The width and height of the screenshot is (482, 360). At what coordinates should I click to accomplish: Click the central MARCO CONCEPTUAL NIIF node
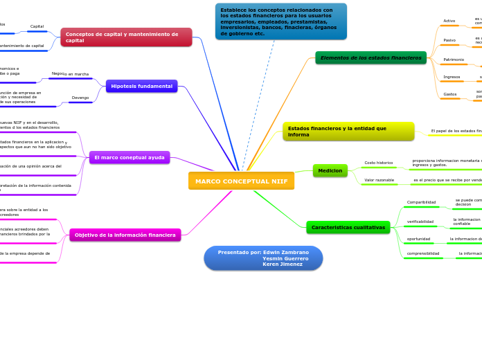pyautogui.click(x=241, y=181)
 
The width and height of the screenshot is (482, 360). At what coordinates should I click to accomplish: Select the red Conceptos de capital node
pyautogui.click(x=126, y=37)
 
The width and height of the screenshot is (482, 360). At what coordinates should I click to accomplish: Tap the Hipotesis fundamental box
pyautogui.click(x=142, y=86)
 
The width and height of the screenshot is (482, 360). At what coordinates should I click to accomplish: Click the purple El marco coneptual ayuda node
pyautogui.click(x=130, y=157)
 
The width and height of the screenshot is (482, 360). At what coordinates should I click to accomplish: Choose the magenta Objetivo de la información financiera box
pyautogui.click(x=125, y=235)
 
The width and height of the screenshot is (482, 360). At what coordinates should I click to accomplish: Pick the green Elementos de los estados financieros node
pyautogui.click(x=372, y=57)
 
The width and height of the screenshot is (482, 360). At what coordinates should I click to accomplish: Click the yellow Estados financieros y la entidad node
pyautogui.click(x=348, y=131)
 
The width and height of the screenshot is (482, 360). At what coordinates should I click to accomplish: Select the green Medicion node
pyautogui.click(x=330, y=170)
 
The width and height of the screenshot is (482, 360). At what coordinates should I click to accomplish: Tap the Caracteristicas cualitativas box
pyautogui.click(x=348, y=227)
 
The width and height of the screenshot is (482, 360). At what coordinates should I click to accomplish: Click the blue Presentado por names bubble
pyautogui.click(x=263, y=258)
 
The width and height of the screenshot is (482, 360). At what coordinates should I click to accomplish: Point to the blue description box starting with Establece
pyautogui.click(x=280, y=21)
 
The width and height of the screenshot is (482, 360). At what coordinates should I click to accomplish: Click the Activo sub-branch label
pyautogui.click(x=449, y=21)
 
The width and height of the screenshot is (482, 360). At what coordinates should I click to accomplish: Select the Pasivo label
pyautogui.click(x=449, y=40)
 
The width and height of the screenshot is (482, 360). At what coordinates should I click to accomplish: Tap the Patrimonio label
pyautogui.click(x=454, y=60)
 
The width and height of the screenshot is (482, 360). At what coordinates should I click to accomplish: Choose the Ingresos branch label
pyautogui.click(x=452, y=77)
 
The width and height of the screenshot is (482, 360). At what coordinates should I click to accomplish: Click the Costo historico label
pyautogui.click(x=379, y=163)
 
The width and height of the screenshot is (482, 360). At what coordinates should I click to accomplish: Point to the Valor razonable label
pyautogui.click(x=380, y=180)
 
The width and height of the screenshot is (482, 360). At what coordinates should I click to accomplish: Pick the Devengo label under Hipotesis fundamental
pyautogui.click(x=80, y=98)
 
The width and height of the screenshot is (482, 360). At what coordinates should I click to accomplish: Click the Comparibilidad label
pyautogui.click(x=421, y=202)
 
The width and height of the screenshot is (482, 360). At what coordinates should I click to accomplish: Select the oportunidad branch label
pyautogui.click(x=418, y=239)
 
